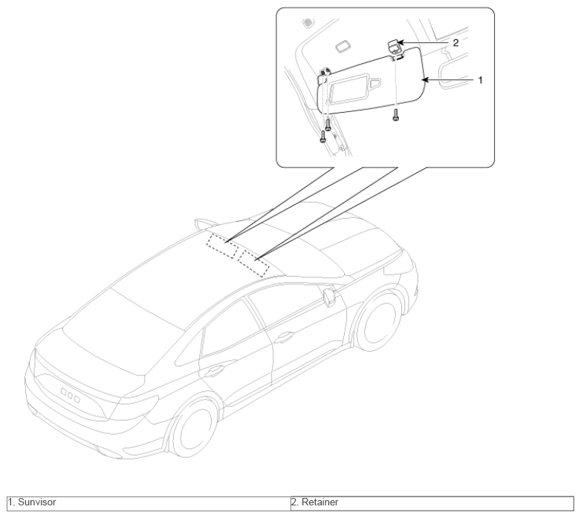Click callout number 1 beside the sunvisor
coord(481,80)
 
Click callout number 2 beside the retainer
coord(455,43)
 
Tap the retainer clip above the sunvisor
coord(394,47)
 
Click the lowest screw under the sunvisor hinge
coord(322,137)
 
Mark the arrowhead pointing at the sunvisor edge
coord(425,79)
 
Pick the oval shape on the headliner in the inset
coord(344,47)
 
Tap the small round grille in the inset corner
coord(308,23)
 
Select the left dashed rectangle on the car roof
coord(222,246)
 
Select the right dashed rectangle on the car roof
coord(253,263)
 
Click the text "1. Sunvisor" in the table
coord(32,502)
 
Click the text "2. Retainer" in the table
coord(314,502)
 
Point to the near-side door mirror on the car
coord(330,298)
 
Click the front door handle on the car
coord(284,337)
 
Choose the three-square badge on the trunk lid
coord(71,394)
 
